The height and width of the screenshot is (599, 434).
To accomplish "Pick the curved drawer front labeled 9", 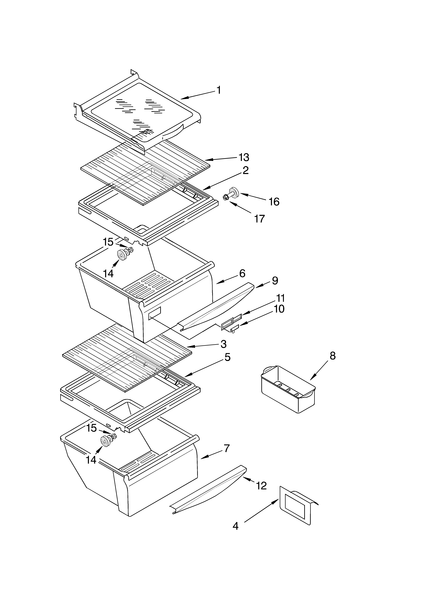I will [217, 306].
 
